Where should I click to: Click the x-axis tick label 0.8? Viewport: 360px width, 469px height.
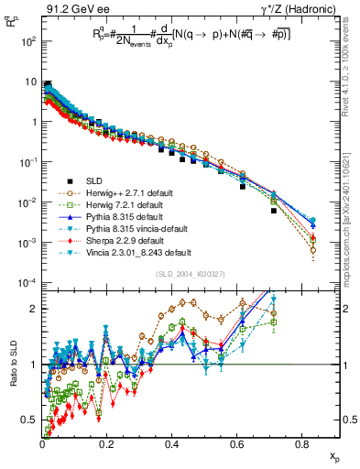click(303, 445)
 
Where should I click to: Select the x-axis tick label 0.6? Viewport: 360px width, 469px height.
click(238, 445)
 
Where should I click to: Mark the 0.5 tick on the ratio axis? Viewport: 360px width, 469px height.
click(32, 420)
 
